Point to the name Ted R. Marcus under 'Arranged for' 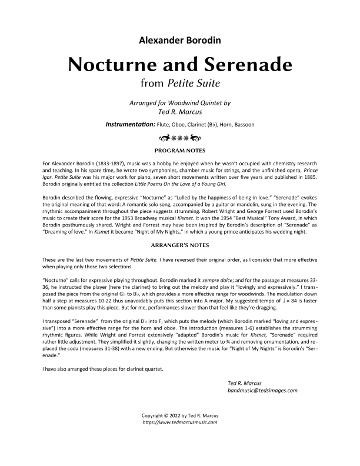(x=180, y=111)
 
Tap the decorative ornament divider (x=180, y=138)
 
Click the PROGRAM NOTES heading (x=180, y=151)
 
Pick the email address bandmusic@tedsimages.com (x=262, y=390)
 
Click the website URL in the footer (x=180, y=422)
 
